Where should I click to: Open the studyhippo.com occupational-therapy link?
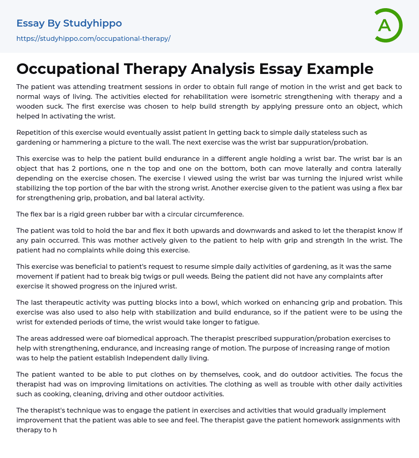point(93,38)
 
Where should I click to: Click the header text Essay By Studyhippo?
point(69,23)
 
